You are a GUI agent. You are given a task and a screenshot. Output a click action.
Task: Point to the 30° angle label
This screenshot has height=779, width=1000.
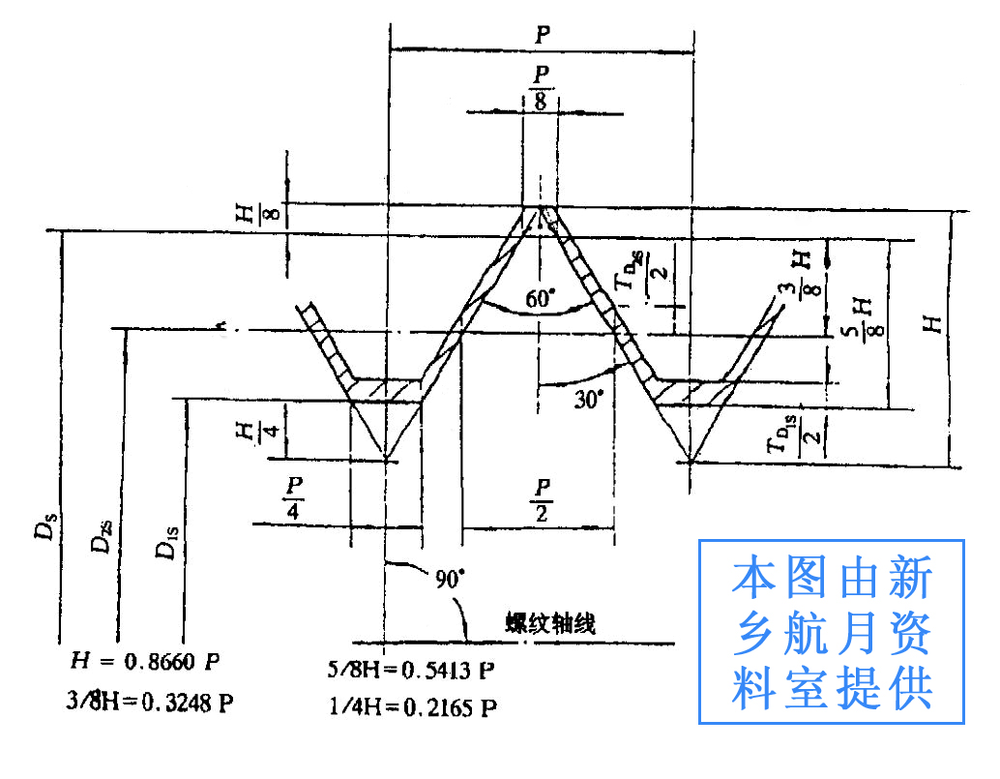[588, 398]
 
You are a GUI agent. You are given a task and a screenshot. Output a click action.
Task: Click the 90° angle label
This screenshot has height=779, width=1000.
[449, 580]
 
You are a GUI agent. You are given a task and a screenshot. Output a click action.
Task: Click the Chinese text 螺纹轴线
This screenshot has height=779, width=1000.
[550, 622]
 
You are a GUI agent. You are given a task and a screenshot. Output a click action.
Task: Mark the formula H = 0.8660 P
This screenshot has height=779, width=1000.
[146, 662]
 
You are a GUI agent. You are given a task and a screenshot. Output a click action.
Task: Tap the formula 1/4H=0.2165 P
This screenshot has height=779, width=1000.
[413, 707]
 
